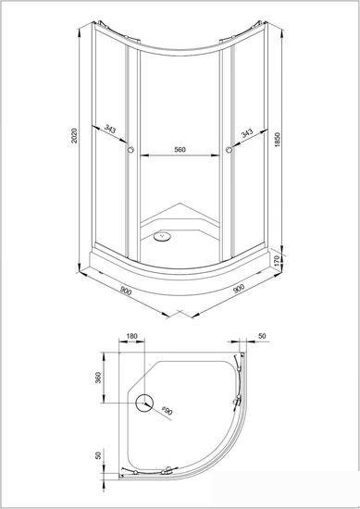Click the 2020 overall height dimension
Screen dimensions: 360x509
tap(74, 137)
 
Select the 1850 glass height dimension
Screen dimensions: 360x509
tap(277, 139)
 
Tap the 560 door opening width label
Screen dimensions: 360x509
tap(180, 149)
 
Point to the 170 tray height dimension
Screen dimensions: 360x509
tap(277, 260)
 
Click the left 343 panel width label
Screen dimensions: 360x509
tap(110, 129)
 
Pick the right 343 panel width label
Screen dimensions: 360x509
tap(247, 133)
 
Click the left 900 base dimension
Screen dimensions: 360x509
tap(126, 291)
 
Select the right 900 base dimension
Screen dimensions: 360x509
tap(239, 288)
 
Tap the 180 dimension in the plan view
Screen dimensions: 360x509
tap(131, 336)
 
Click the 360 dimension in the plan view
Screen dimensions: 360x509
tap(98, 378)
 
